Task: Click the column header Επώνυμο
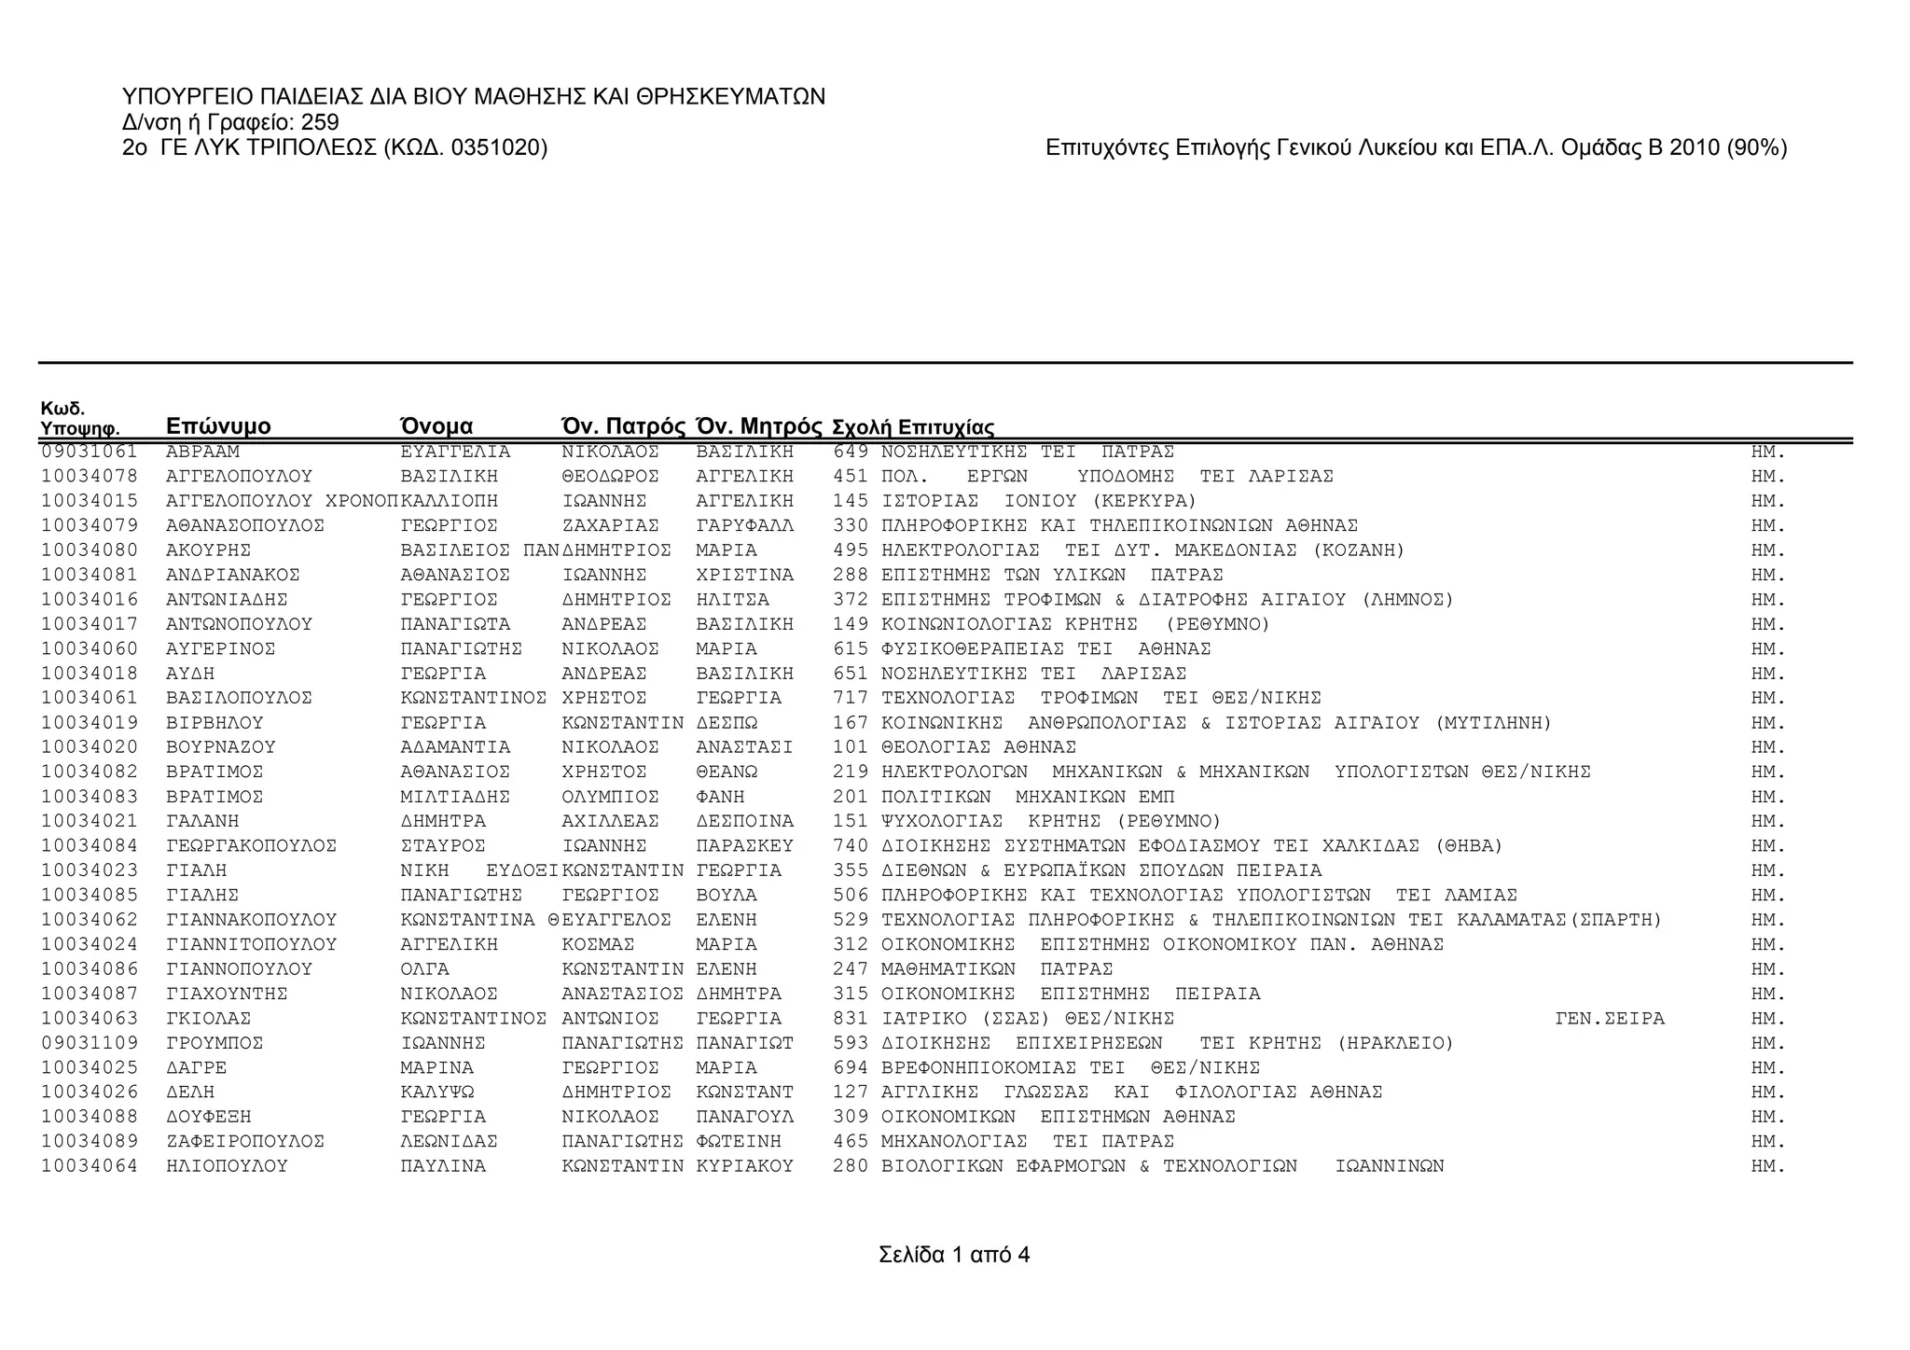[218, 426]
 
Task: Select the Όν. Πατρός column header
[623, 426]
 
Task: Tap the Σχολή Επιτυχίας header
[912, 427]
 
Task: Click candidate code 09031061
[89, 452]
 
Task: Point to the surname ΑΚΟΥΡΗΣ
[208, 550]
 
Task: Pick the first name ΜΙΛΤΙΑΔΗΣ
[454, 797]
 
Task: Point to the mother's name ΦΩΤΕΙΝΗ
[739, 1141]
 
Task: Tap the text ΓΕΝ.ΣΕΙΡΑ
[1609, 1019]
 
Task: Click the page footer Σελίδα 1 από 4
[954, 1255]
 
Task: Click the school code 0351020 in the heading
[494, 147]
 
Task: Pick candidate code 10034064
[89, 1166]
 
